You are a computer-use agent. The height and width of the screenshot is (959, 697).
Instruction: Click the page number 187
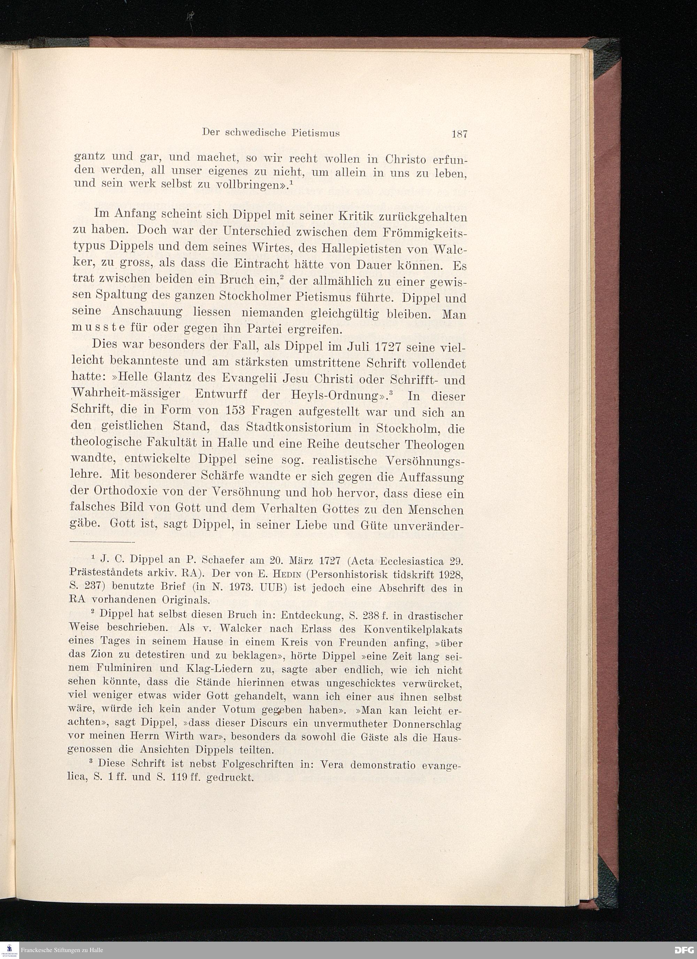459,135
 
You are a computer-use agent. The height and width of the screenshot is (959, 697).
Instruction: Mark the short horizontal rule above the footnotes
101,542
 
